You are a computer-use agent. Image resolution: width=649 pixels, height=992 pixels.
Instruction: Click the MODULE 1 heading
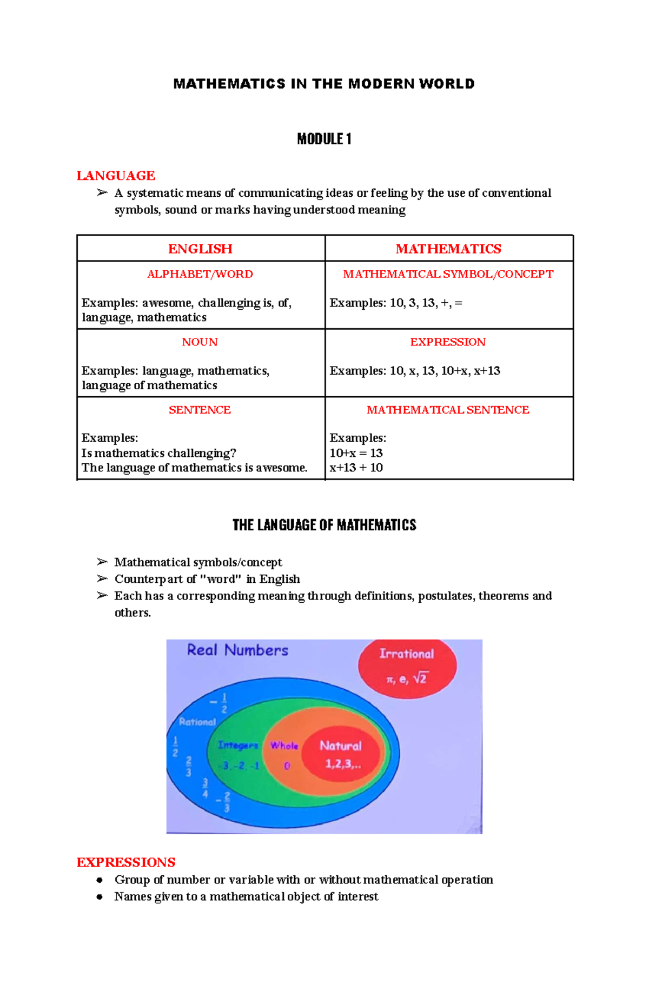tap(324, 139)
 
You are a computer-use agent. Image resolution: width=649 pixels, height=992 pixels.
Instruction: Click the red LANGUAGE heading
tap(116, 176)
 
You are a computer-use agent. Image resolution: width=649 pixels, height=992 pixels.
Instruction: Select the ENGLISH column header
tap(200, 249)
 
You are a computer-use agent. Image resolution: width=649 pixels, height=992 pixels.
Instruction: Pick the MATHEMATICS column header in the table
tap(448, 249)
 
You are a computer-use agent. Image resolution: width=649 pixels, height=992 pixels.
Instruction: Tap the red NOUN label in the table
tap(200, 342)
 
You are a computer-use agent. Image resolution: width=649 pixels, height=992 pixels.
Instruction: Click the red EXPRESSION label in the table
tap(448, 342)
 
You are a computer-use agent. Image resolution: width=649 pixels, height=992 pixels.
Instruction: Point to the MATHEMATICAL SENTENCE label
tap(448, 410)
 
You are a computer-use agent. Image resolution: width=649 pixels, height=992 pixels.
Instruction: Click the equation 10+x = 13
tap(356, 453)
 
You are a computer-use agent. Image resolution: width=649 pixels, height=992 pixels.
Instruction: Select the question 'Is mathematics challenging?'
tap(158, 453)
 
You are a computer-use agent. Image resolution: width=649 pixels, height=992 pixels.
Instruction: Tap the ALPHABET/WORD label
tap(200, 274)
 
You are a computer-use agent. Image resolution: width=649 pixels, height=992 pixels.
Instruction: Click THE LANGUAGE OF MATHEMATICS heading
tap(324, 525)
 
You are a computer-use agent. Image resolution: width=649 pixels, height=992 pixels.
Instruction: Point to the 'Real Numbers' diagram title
tap(237, 650)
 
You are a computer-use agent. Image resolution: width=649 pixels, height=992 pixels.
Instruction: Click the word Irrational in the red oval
tap(407, 654)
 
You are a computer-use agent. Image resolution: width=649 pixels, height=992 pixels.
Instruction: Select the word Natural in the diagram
tap(341, 746)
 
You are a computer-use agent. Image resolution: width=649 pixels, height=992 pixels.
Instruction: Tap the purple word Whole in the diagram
tap(284, 746)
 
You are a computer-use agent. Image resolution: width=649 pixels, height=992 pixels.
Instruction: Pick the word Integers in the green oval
tap(238, 745)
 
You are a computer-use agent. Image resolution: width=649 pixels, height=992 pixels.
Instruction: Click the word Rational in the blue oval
tap(197, 722)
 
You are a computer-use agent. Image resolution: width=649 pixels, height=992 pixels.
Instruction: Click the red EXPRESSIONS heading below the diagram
tap(126, 862)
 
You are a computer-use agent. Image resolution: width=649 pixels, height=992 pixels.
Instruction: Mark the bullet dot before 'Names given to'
tap(100, 897)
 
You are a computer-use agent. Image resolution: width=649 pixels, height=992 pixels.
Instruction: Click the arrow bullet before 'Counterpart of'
tap(102, 579)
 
